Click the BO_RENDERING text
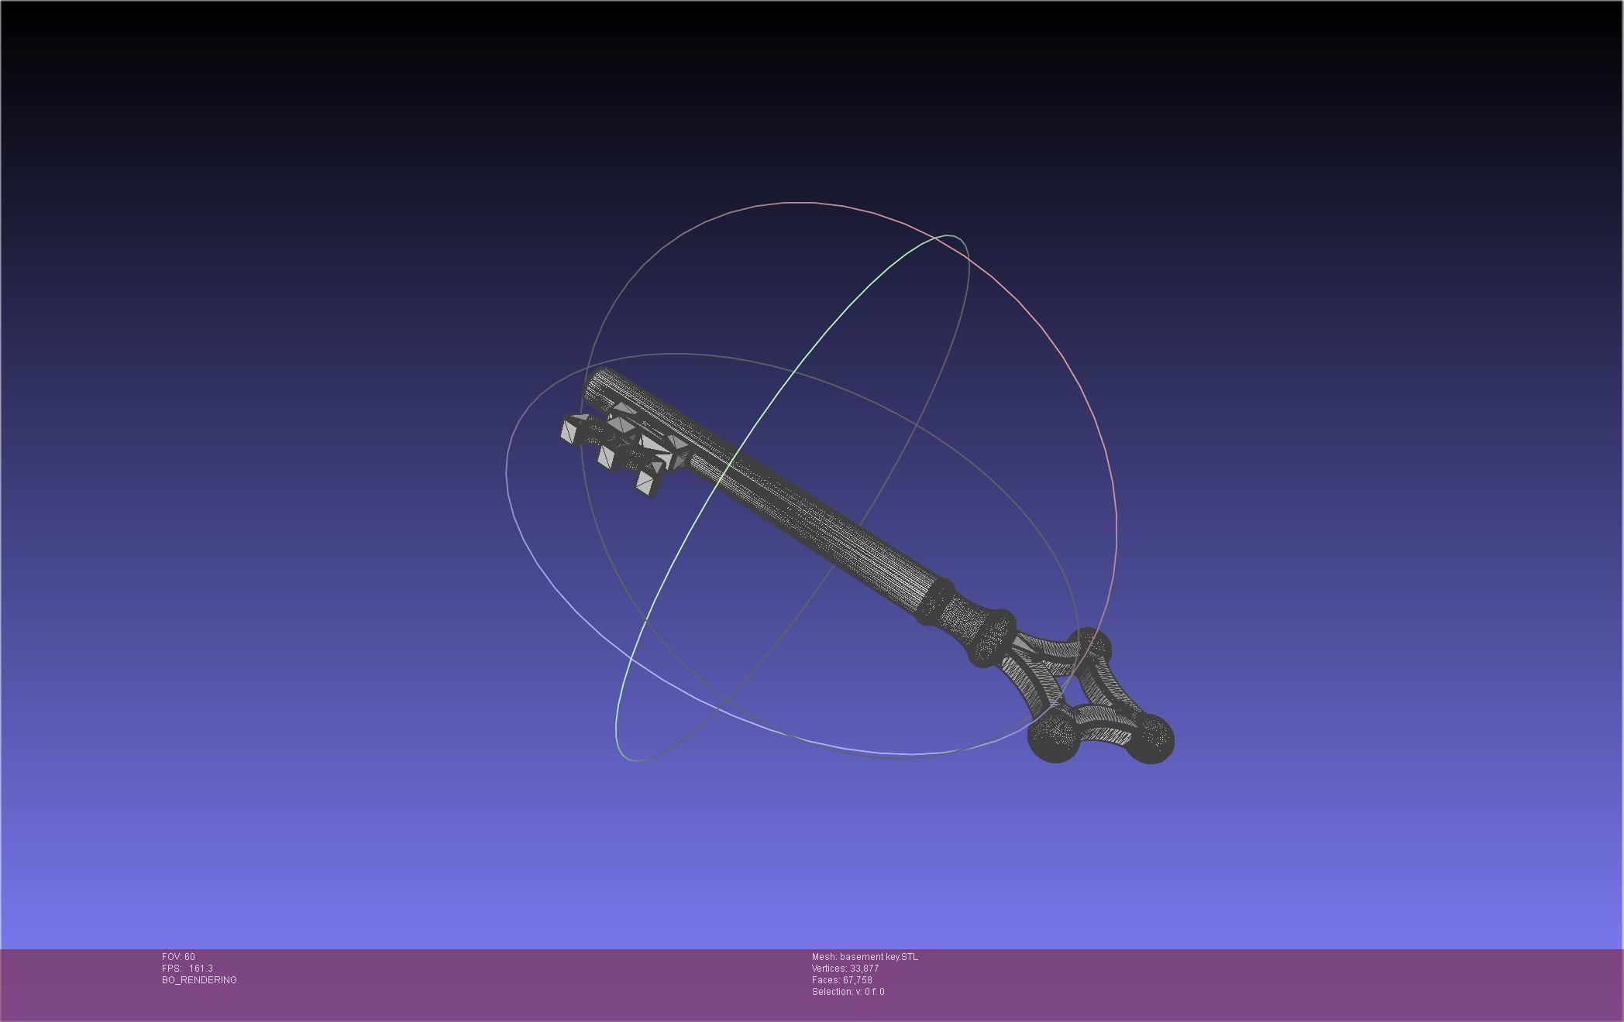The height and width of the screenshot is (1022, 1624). (199, 980)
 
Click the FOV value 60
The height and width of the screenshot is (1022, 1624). (190, 957)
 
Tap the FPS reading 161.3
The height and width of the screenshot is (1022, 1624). (201, 969)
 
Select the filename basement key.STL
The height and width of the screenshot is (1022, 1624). (879, 957)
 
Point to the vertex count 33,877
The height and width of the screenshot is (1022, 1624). (865, 969)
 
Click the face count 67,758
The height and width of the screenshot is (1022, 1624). (858, 980)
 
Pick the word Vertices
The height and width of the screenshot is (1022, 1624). (829, 969)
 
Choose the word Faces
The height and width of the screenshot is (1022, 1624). (824, 980)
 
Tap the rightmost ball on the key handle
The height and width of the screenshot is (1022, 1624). (1151, 739)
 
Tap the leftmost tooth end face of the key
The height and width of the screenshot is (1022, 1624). (571, 430)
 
